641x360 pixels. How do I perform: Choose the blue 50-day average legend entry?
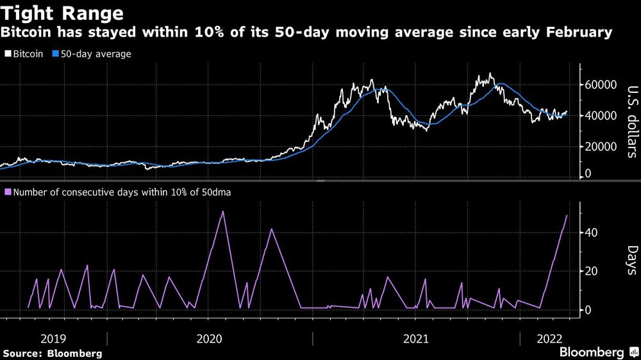click(x=93, y=54)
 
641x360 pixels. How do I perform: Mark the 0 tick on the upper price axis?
click(x=587, y=174)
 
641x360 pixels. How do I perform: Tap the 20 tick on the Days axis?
click(x=592, y=271)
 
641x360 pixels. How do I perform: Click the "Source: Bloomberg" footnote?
click(x=53, y=353)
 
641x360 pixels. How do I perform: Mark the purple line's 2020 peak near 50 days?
click(x=222, y=211)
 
